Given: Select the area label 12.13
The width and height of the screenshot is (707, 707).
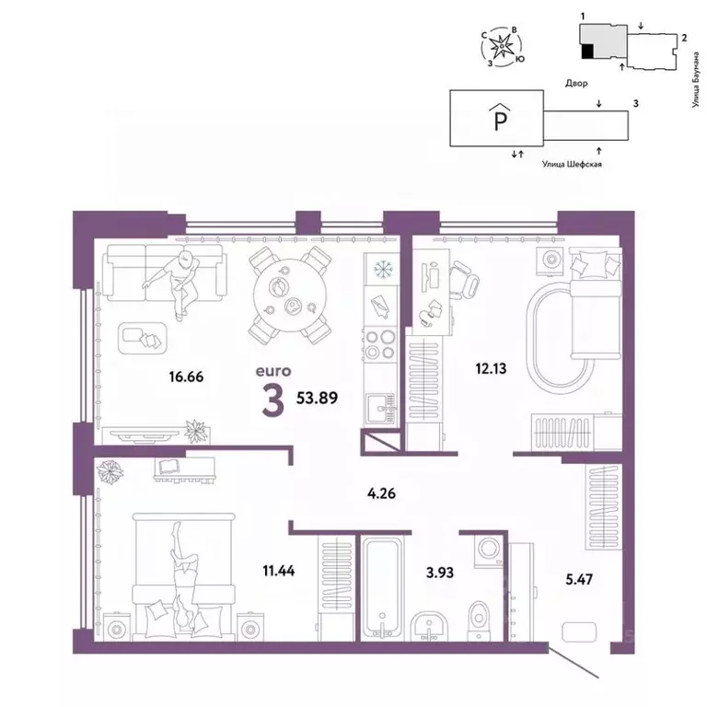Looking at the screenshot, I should coord(465,371).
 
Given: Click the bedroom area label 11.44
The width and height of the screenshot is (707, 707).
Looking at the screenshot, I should coord(279,570).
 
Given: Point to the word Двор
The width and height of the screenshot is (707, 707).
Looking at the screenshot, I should coord(578,82).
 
